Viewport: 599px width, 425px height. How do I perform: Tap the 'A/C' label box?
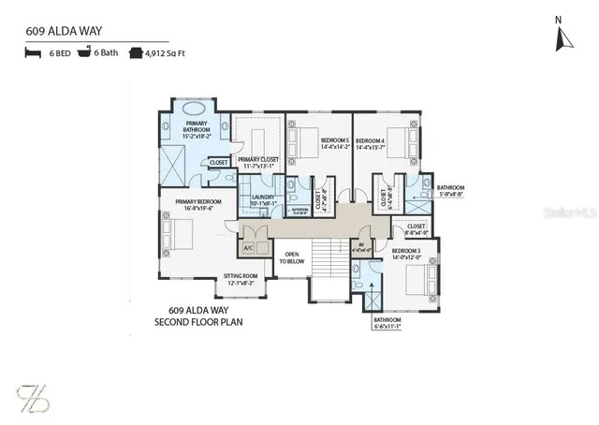(248, 249)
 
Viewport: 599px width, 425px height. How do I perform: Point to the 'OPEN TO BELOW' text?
(292, 258)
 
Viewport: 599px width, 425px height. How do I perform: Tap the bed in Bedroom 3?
(427, 279)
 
